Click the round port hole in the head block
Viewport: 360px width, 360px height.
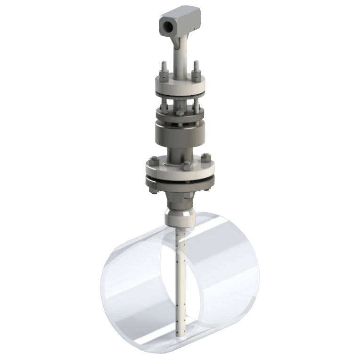[x=166, y=22]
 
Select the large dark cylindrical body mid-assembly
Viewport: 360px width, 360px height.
[x=179, y=134]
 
